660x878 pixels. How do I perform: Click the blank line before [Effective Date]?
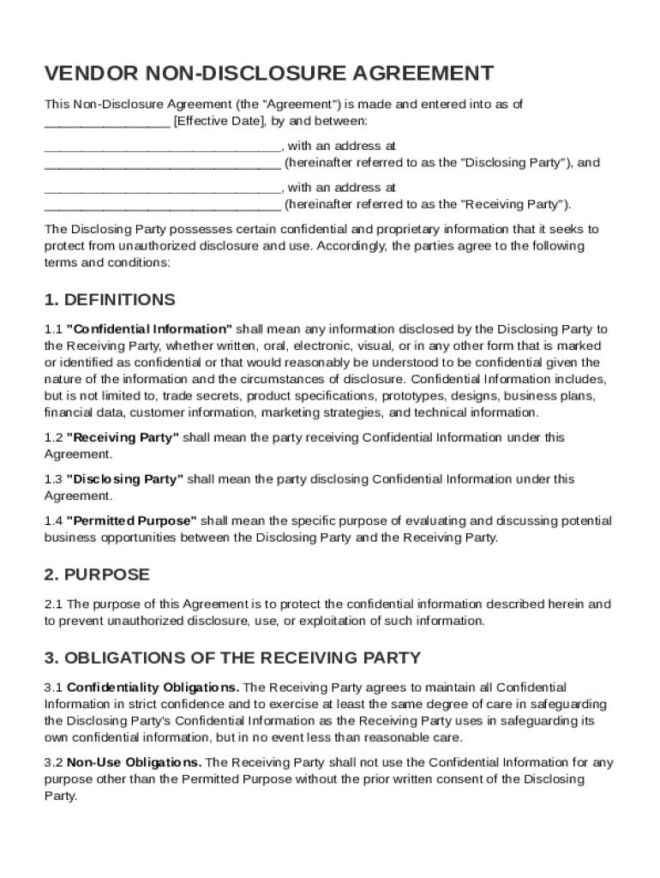(x=106, y=122)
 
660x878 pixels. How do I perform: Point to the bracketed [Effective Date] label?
(x=219, y=121)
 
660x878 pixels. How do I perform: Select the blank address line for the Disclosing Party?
(x=162, y=163)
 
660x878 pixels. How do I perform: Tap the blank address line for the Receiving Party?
(x=162, y=205)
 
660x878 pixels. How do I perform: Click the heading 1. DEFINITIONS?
(x=110, y=300)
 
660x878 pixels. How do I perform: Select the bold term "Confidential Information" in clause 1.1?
(x=149, y=329)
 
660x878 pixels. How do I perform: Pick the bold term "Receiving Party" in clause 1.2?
(x=123, y=437)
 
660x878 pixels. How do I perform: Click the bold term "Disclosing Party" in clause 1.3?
(x=124, y=479)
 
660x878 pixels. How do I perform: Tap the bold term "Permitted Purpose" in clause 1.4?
(x=132, y=521)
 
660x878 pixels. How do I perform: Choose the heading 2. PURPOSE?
(x=97, y=574)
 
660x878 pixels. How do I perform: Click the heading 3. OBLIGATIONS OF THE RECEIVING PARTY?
(x=232, y=658)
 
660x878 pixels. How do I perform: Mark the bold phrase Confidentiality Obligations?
(x=153, y=688)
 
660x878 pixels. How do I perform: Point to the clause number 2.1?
(x=53, y=604)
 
